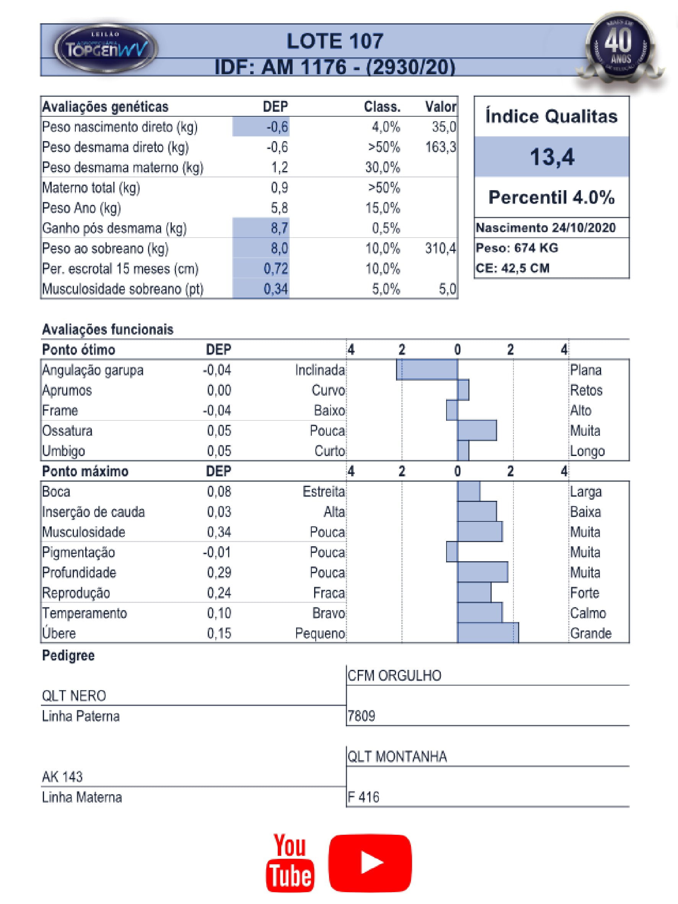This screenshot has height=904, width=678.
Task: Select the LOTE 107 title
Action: point(335,41)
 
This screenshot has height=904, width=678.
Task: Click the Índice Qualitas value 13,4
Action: point(552,157)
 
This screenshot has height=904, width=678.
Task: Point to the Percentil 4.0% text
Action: point(552,197)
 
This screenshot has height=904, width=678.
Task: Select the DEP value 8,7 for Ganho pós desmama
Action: point(279,228)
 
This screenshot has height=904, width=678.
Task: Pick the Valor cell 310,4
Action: point(440,248)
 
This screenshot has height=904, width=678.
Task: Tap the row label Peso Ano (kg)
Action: point(82,208)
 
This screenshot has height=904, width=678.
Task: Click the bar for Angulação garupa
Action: point(427,370)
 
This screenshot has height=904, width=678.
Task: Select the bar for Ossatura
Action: point(477,431)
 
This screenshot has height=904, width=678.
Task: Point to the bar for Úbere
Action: point(488,633)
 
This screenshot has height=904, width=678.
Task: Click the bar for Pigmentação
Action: point(452,552)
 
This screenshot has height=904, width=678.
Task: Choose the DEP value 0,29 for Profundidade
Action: point(219,572)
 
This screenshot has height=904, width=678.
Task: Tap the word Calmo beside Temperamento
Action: point(588,613)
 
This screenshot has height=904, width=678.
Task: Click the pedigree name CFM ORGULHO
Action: point(394,676)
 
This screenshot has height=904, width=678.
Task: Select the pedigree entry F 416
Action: point(363,797)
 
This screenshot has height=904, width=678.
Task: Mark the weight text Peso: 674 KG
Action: point(517,248)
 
